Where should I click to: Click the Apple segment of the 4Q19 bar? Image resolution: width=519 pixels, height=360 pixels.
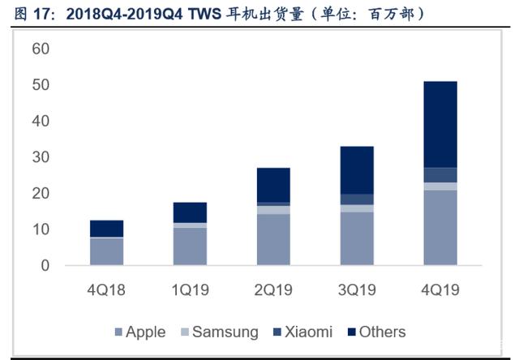tap(440, 228)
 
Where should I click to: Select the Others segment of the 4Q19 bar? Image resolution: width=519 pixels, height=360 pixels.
tap(440, 124)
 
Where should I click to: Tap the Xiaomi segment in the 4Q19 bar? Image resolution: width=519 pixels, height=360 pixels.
tap(440, 175)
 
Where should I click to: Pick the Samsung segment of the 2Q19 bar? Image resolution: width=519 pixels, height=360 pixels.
tap(273, 210)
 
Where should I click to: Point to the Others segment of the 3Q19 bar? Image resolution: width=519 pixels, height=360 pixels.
tap(357, 170)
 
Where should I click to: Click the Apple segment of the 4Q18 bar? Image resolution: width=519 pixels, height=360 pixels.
tap(106, 251)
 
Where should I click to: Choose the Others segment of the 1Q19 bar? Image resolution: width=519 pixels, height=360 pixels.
tap(190, 212)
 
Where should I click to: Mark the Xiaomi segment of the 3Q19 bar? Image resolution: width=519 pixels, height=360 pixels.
tap(357, 199)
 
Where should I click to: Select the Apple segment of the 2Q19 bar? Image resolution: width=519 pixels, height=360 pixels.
tap(273, 239)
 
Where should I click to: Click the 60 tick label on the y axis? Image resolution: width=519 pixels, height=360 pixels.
tap(41, 49)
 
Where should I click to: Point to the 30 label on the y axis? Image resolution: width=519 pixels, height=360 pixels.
tap(41, 157)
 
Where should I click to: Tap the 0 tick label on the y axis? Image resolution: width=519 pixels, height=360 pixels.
tap(45, 265)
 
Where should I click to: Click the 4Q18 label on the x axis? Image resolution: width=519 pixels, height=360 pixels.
tap(106, 289)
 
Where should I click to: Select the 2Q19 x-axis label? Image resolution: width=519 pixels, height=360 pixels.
tap(273, 289)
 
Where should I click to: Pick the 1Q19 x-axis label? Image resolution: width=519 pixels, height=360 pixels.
tap(190, 289)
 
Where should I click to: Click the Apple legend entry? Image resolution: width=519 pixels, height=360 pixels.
tap(140, 332)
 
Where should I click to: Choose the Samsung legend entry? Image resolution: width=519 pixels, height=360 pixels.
tap(220, 332)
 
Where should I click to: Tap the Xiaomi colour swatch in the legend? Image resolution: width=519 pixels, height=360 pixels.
tap(277, 332)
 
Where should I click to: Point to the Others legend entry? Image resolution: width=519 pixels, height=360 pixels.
tap(376, 332)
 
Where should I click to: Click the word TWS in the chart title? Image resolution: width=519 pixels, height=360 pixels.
tap(204, 15)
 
